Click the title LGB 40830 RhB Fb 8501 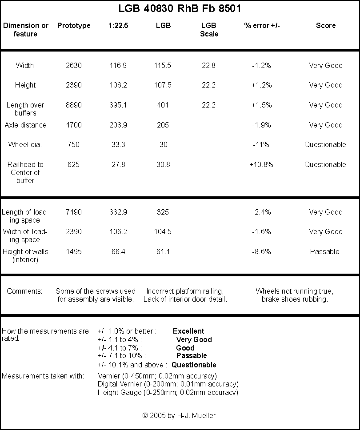pos(180,8)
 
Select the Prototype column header pos(74,25)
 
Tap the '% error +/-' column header pos(262,25)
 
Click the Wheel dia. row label pos(25,144)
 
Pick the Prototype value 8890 pos(74,105)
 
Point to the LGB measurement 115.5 pos(163,66)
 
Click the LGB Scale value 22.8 pos(208,66)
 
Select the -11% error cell pos(261,144)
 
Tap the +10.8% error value pos(261,164)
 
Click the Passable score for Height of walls pos(325,251)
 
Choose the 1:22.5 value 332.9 pos(118,212)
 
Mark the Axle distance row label pos(25,125)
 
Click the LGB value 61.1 pos(163,251)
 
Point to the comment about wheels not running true pos(295,295)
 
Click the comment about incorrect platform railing pos(185,295)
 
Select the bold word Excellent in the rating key pos(188,331)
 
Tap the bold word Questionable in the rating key pos(194,365)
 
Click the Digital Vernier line pos(168,384)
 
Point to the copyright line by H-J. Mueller pos(179,415)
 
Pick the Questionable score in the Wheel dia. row pos(325,144)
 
